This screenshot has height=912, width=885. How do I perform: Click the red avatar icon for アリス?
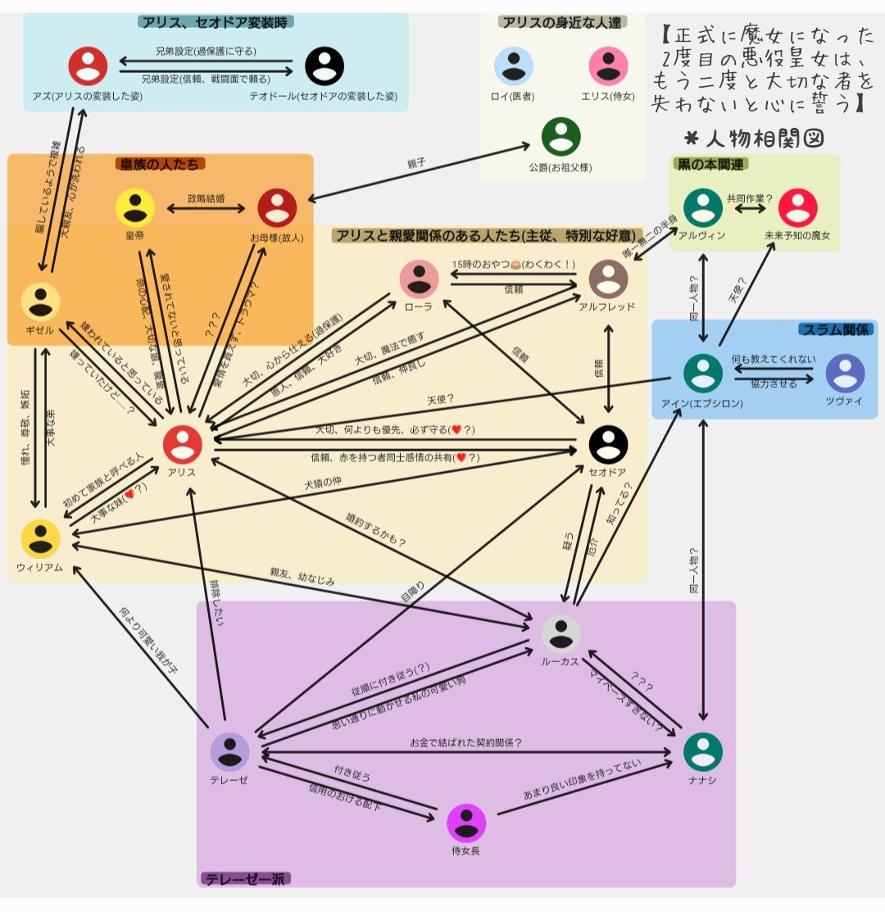[182, 444]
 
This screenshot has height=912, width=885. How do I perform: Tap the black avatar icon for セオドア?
[608, 444]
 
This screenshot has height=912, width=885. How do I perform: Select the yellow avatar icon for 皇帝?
[134, 208]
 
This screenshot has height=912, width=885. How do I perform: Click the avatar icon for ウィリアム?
[40, 539]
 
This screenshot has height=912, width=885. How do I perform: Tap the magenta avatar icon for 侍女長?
[466, 823]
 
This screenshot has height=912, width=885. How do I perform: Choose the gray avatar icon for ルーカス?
[561, 633]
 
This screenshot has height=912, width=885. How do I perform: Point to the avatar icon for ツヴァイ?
[845, 373]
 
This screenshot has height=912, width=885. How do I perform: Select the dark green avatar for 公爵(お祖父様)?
[561, 137]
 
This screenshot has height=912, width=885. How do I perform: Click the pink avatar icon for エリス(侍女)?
[608, 66]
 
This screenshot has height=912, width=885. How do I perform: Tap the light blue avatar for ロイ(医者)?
[514, 66]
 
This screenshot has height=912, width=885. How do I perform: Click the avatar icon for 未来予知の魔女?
[797, 208]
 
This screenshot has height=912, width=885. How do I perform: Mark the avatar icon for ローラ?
[420, 279]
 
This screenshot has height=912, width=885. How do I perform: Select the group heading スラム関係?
[835, 329]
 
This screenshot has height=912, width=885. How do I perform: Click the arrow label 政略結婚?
[206, 197]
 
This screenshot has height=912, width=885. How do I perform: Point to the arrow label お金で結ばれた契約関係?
[465, 743]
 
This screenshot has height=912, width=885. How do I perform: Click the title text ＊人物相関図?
[754, 137]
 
